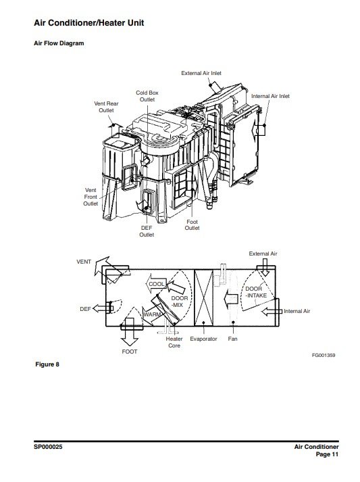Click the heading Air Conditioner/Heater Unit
click(88, 23)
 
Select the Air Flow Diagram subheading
click(59, 43)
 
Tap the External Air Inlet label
click(201, 73)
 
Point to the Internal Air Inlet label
click(270, 96)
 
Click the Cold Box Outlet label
click(147, 96)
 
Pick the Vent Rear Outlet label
click(106, 107)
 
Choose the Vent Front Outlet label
click(91, 197)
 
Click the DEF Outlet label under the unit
click(147, 231)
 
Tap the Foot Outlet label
click(192, 224)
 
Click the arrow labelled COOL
click(156, 284)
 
